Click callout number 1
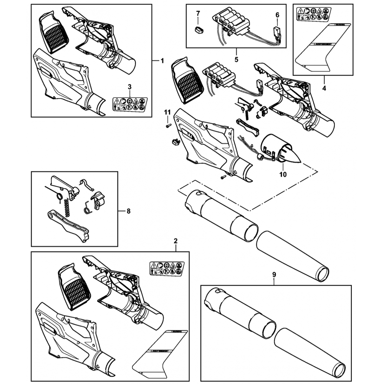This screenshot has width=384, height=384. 162,60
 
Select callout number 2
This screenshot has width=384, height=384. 175,241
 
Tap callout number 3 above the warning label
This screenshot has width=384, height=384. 130,87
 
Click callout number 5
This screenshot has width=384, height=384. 236,60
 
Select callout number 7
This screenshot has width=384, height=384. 198,14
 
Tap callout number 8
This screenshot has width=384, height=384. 128,211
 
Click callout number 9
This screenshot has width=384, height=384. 274,274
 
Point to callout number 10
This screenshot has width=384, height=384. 283,174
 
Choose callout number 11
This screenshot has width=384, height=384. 167,112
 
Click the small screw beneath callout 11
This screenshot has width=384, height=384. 168,125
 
